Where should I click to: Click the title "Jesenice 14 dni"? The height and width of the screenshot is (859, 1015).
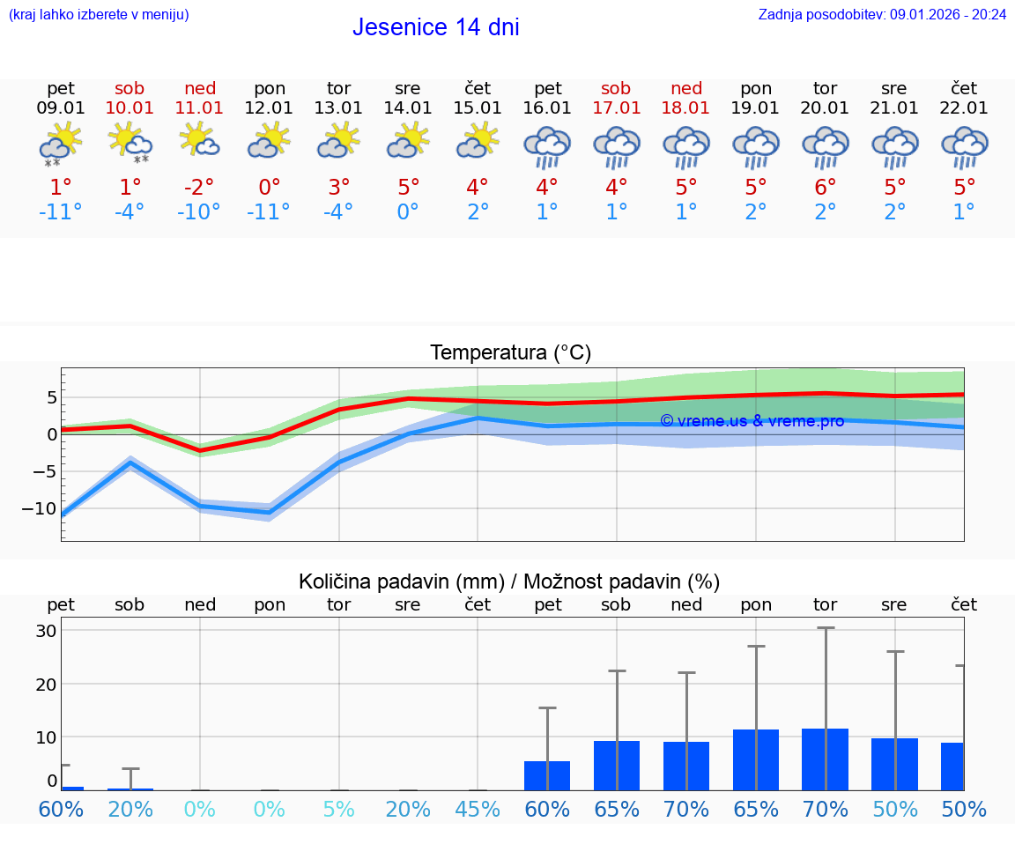point(435,27)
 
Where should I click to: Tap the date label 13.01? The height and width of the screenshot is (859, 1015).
point(338,108)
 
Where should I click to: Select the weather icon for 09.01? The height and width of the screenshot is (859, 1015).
point(60,144)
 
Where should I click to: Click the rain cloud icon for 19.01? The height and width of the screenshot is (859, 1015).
point(756,146)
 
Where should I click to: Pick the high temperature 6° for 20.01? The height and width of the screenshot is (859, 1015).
point(826,187)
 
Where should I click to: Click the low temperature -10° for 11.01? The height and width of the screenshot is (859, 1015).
point(199,212)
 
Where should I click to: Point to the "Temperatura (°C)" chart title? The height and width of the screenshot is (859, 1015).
point(510,353)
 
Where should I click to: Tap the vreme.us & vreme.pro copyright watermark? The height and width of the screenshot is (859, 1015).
point(752,421)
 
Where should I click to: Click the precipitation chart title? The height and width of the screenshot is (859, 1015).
point(509,581)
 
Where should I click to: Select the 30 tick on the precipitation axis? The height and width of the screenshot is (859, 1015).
point(46,631)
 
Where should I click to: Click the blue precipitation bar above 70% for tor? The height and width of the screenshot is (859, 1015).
point(826,759)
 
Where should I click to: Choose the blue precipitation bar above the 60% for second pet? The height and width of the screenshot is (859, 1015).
point(547,775)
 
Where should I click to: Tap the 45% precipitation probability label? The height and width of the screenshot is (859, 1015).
point(478,809)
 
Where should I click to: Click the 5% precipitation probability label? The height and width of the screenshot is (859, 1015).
point(338,809)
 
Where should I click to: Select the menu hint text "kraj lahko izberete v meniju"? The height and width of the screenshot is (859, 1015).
point(99,14)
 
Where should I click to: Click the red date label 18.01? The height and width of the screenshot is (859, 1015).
point(686,108)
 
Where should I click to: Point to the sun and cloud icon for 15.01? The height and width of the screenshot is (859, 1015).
point(478,141)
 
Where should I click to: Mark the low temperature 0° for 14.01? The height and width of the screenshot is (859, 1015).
point(408,212)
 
